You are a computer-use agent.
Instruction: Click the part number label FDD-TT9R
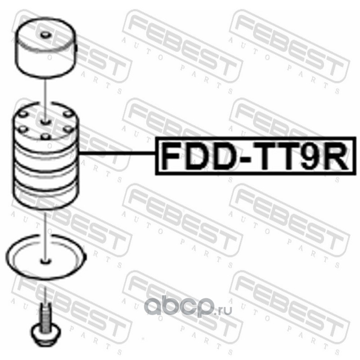252,156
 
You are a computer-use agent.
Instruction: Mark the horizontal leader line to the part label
117,154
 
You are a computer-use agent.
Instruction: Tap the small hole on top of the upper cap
45,36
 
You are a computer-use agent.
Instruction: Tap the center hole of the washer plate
45,260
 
